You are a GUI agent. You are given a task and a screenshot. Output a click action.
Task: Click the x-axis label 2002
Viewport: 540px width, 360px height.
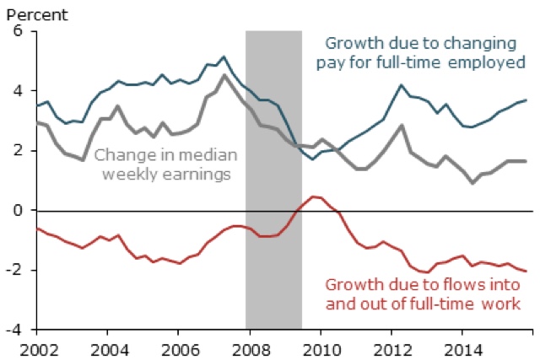point(38,347)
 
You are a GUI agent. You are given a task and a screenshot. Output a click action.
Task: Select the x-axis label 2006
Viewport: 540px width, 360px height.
point(174,347)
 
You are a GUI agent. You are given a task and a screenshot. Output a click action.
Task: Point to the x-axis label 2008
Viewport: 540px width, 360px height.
point(244,347)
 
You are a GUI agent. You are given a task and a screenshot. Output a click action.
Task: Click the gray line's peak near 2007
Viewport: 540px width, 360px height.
point(223,75)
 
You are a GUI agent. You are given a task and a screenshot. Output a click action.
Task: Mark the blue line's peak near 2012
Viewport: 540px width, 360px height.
point(402,85)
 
